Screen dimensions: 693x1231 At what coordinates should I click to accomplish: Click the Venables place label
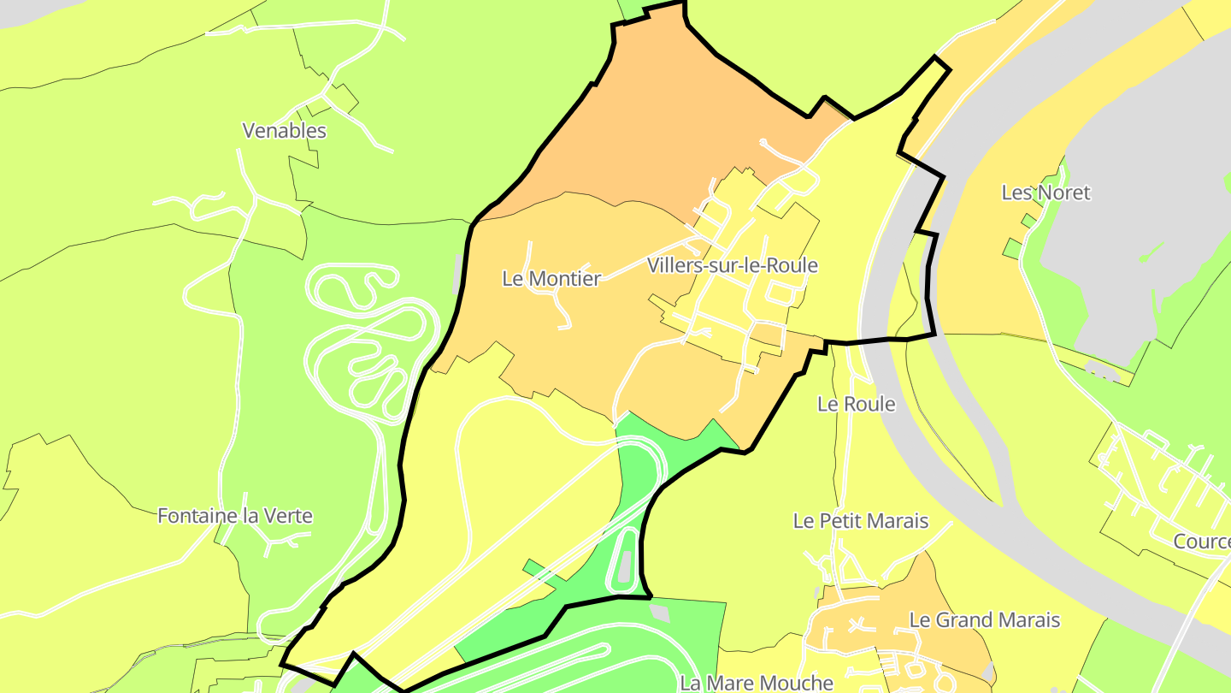pos(284,131)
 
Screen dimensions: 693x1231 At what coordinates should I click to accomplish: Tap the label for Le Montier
pos(551,278)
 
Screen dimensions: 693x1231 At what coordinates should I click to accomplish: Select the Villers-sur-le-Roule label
pos(732,265)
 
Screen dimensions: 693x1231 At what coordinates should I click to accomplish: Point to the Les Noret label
pos(1045,192)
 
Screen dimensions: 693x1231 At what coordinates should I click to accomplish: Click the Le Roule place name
pos(856,404)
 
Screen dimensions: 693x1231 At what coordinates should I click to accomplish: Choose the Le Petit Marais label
pos(860,520)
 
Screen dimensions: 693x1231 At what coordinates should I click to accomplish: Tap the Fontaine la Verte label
pos(235,516)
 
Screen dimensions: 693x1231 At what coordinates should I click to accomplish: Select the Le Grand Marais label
pos(984,619)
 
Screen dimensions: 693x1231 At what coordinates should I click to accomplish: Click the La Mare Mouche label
pos(756,682)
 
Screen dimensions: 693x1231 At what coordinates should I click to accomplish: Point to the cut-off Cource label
pos(1202,542)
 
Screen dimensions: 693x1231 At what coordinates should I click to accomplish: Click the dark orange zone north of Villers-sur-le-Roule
pos(675,120)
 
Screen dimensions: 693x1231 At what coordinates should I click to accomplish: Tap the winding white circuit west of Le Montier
pos(368,342)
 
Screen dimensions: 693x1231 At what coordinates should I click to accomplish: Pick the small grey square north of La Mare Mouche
pos(659,613)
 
